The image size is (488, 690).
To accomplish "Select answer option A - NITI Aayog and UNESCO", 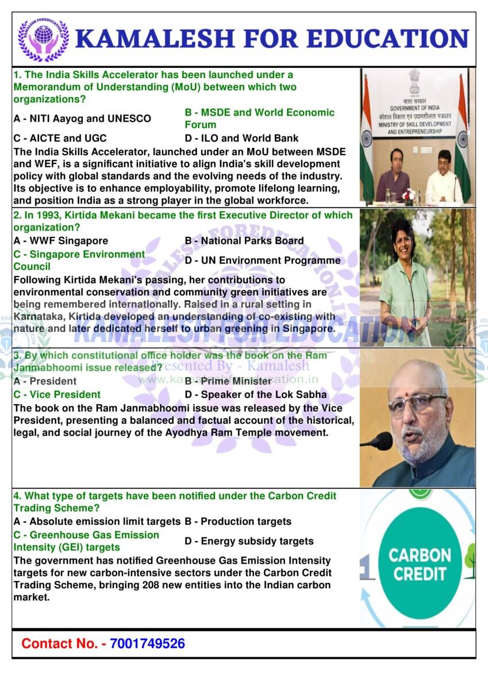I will (82, 118).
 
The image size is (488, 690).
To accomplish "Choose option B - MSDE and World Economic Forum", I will (259, 118).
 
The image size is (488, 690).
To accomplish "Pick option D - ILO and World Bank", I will (241, 138).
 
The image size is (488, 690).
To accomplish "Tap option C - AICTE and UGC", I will (60, 138).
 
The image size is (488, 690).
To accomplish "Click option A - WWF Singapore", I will (60, 241).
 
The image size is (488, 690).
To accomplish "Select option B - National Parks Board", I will (244, 241).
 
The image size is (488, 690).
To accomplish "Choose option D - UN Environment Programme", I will (263, 260).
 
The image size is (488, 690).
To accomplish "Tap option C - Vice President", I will (57, 394).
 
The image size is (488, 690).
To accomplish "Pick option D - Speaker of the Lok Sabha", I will (256, 394).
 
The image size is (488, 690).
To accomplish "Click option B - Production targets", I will (238, 522).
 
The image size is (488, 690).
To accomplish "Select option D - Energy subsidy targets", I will (249, 541).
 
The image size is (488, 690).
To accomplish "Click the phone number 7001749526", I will (147, 643).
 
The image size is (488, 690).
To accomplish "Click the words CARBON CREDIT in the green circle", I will (420, 564).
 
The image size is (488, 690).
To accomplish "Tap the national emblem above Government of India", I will (414, 82).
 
